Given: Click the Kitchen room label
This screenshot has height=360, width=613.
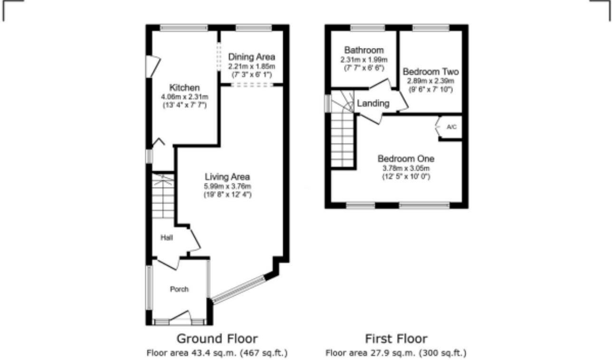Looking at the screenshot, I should (184, 88).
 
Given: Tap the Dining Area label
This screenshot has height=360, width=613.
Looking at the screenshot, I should (251, 58).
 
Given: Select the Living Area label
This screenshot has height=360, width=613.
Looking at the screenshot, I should (228, 177).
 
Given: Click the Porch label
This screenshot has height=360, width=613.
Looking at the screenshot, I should (179, 289).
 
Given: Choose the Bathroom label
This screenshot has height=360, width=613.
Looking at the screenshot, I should (364, 50).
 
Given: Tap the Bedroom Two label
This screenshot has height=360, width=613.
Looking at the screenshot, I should (431, 72).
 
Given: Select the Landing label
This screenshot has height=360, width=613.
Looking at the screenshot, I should (374, 103).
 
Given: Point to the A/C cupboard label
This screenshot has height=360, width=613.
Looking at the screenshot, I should (451, 127).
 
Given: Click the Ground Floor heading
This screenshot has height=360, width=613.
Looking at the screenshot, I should (217, 339).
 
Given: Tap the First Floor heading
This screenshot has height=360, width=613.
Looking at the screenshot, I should (396, 339).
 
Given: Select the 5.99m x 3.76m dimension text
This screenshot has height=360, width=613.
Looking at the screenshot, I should (228, 186).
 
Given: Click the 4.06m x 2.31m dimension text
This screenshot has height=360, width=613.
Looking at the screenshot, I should (184, 97).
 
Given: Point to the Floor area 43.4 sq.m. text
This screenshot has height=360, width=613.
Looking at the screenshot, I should (217, 353).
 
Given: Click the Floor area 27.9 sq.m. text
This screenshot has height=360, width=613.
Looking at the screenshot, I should (396, 353).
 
